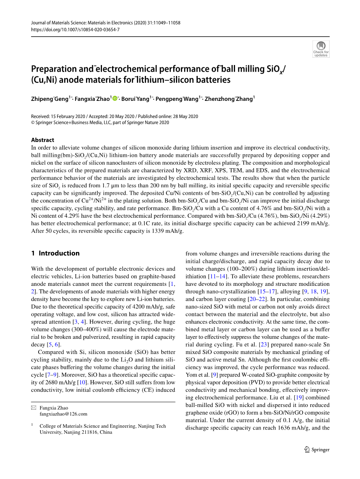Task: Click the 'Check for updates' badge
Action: tap(321, 49)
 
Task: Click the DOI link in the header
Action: tap(75, 30)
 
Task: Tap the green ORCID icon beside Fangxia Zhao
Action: tap(115, 99)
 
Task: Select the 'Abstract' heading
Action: tap(42, 140)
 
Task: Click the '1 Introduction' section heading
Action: tap(55, 253)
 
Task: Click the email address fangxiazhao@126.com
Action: tap(63, 414)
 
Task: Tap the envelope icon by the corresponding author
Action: tap(33, 408)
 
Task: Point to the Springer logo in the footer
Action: tap(317, 449)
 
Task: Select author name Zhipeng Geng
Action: tap(50, 99)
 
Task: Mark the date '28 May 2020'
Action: tap(185, 116)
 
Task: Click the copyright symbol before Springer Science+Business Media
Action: tap(33, 123)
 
